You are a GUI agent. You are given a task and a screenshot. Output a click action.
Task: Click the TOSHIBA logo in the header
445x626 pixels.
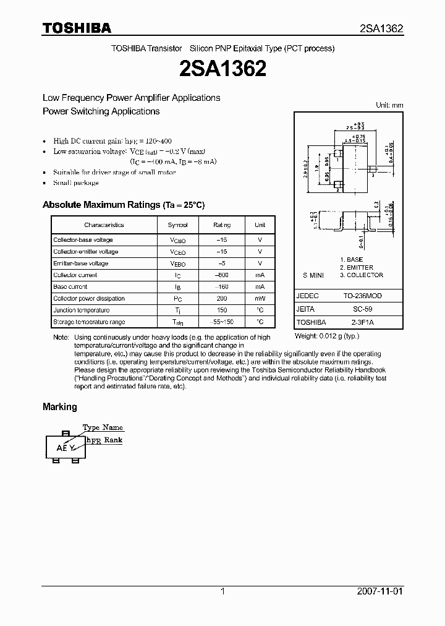click(x=77, y=28)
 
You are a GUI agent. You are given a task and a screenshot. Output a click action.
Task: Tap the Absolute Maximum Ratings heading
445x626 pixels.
click(x=123, y=205)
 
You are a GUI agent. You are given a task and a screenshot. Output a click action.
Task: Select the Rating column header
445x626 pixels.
click(x=222, y=225)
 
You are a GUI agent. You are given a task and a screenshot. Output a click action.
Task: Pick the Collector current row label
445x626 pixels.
click(x=75, y=275)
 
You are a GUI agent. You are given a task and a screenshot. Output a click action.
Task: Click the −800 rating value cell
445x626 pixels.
click(x=222, y=275)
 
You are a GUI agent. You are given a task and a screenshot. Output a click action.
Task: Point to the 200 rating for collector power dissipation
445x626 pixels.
click(x=222, y=298)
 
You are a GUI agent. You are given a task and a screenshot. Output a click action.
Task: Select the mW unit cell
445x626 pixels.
click(x=260, y=298)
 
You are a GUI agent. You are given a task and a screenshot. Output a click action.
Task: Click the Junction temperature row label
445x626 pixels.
click(x=81, y=310)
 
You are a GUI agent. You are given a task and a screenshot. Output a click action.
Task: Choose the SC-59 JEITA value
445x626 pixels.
click(x=363, y=309)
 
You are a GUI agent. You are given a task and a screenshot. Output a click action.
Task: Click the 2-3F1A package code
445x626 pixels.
click(x=363, y=322)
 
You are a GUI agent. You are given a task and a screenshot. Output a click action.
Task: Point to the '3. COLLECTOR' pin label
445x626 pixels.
click(x=362, y=275)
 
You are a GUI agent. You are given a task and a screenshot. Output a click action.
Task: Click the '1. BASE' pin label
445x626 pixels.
click(x=352, y=260)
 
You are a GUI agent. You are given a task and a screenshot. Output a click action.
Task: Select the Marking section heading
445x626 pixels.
click(x=59, y=407)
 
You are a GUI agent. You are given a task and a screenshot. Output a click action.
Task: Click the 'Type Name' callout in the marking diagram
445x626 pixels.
click(x=103, y=427)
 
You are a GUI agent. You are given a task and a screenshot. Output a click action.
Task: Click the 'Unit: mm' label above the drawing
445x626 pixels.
click(x=389, y=105)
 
